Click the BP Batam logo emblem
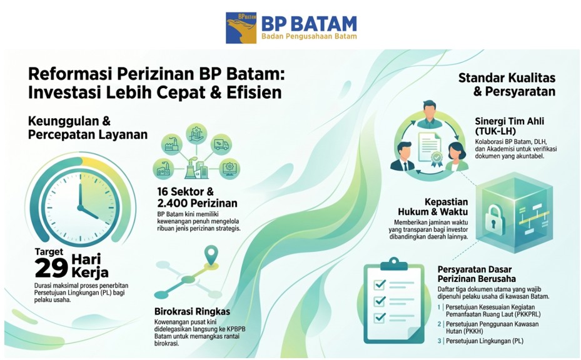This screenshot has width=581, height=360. point(241,27)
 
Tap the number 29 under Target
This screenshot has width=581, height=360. point(51,267)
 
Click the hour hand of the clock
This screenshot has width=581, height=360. point(89,212)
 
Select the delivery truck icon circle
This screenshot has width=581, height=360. point(221,145)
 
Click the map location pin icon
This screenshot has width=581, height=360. point(211,255)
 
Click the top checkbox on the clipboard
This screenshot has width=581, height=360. point(380,284)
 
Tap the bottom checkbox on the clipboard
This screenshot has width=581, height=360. point(380,317)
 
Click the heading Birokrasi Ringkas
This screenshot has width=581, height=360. point(192,311)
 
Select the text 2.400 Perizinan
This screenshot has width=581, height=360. point(197,203)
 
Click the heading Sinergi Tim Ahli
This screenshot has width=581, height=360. point(510,121)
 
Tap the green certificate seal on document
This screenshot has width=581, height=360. point(437,159)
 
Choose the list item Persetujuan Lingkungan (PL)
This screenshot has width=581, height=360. point(484,341)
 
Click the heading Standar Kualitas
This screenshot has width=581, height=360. point(507,77)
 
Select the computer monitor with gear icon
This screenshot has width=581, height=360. point(230,169)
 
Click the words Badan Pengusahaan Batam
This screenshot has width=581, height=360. point(309,36)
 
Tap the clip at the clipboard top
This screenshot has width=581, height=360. point(394,263)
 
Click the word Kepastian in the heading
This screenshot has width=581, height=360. point(446,202)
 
